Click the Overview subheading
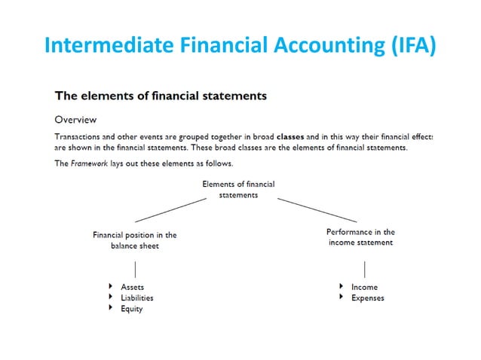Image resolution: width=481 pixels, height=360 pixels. click(x=75, y=119)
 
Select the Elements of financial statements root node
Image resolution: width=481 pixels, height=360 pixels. click(x=238, y=189)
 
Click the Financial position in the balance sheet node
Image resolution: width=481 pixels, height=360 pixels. click(x=134, y=239)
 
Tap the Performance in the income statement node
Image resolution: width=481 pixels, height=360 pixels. click(x=360, y=237)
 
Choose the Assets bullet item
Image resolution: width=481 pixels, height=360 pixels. click(x=132, y=287)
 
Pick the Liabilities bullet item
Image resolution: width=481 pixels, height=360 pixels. click(x=136, y=297)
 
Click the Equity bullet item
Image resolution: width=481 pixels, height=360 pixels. click(x=131, y=309)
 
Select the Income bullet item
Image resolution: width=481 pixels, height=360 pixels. click(x=364, y=287)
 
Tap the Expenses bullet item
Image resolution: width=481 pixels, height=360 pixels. click(x=367, y=297)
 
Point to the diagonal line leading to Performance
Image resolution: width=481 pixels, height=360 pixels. click(x=317, y=210)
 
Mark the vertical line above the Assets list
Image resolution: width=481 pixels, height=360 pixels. click(x=134, y=268)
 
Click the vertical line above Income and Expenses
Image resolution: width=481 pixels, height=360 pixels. click(x=364, y=268)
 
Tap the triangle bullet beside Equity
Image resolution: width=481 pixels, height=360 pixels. click(x=112, y=308)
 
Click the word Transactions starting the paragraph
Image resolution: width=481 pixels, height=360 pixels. click(x=80, y=136)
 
